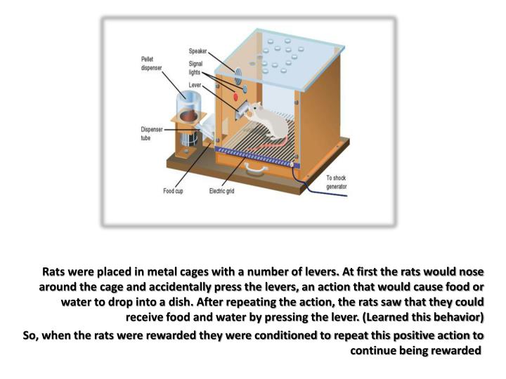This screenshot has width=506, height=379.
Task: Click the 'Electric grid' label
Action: pyautogui.click(x=223, y=190)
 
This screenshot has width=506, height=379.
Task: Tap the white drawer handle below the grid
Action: pyautogui.click(x=257, y=168)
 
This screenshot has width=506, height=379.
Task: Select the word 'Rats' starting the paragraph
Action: pyautogui.click(x=55, y=271)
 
